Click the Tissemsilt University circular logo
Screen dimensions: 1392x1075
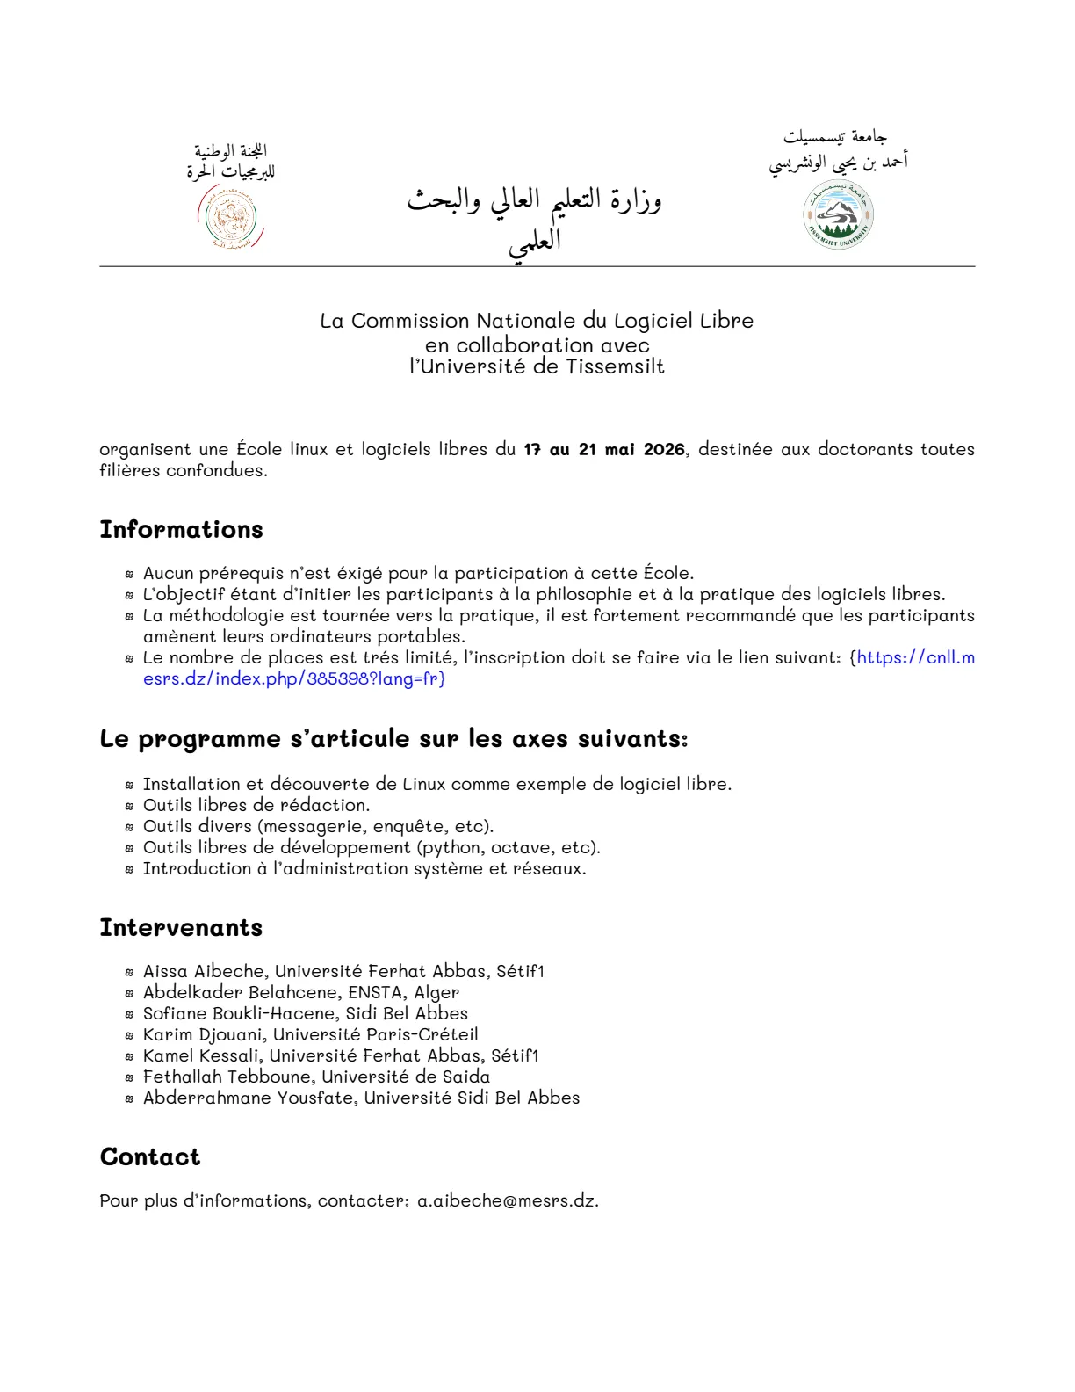click(x=839, y=215)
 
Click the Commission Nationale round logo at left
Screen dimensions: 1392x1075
click(x=230, y=220)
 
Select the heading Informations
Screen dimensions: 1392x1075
click(x=181, y=529)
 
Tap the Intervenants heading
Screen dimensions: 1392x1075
click(x=181, y=927)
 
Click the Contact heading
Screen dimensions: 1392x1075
click(x=150, y=1156)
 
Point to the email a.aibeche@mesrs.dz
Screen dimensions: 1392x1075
click(x=506, y=1200)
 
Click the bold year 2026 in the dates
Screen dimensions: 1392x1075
click(x=663, y=449)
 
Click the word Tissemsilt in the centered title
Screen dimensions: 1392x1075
click(x=615, y=366)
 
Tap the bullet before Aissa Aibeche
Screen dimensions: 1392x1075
click(x=129, y=972)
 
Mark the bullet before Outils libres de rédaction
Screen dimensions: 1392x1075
click(x=129, y=806)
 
